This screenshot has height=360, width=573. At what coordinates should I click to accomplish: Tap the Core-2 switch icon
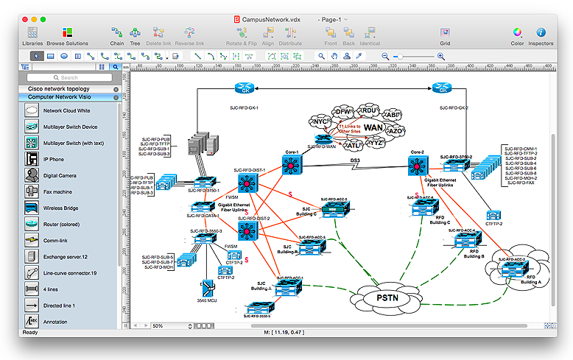point(417,166)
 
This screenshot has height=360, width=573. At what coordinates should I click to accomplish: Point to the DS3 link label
point(354,160)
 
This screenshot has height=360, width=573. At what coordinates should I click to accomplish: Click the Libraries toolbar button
point(32,35)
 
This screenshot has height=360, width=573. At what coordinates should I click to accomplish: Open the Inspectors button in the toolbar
point(541,35)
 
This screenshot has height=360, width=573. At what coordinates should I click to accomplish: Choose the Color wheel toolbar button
point(517,35)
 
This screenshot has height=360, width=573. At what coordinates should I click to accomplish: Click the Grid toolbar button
point(445,35)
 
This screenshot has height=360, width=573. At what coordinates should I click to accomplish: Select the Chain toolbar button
point(117,35)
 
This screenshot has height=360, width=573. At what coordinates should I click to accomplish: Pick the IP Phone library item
point(53,158)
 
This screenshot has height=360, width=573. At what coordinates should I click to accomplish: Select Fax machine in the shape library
point(57,191)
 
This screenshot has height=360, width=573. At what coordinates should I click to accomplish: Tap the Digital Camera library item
point(60,175)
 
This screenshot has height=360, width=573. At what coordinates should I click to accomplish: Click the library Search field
point(69,77)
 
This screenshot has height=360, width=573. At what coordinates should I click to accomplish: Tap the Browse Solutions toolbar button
point(67,35)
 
